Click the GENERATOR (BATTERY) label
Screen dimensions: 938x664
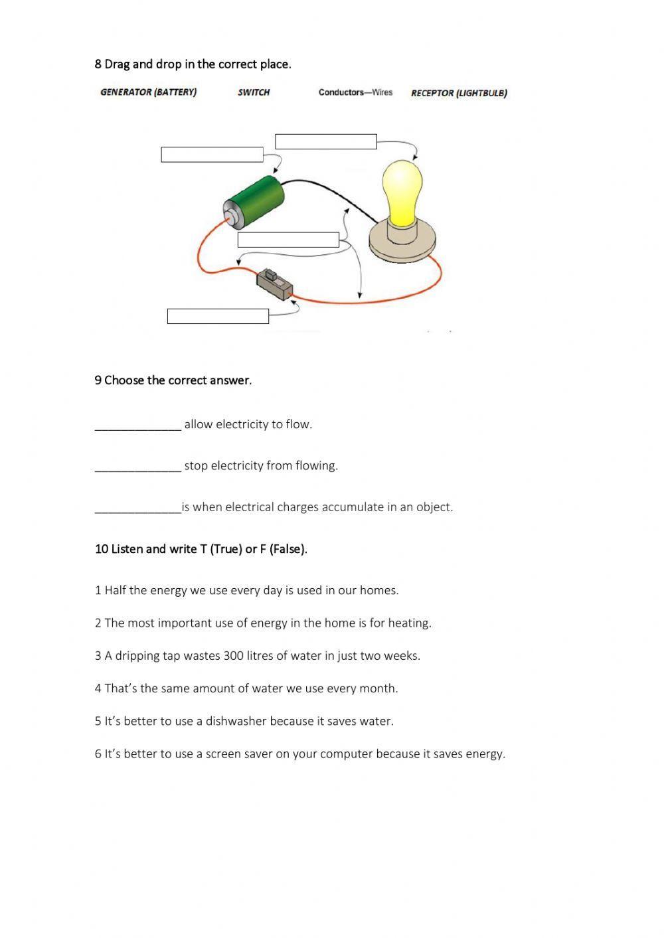point(148,92)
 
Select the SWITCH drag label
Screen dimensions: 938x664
point(254,92)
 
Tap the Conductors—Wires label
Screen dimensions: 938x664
point(355,92)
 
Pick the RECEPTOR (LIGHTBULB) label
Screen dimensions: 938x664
point(459,93)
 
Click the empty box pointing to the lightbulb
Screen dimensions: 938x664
point(326,141)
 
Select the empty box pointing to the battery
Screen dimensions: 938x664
point(212,155)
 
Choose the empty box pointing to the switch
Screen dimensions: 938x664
point(218,316)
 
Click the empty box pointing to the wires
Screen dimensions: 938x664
point(288,240)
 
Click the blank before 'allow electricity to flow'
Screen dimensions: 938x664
point(137,425)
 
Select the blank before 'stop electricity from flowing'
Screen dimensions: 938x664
point(137,466)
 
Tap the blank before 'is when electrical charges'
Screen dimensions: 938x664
point(137,507)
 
